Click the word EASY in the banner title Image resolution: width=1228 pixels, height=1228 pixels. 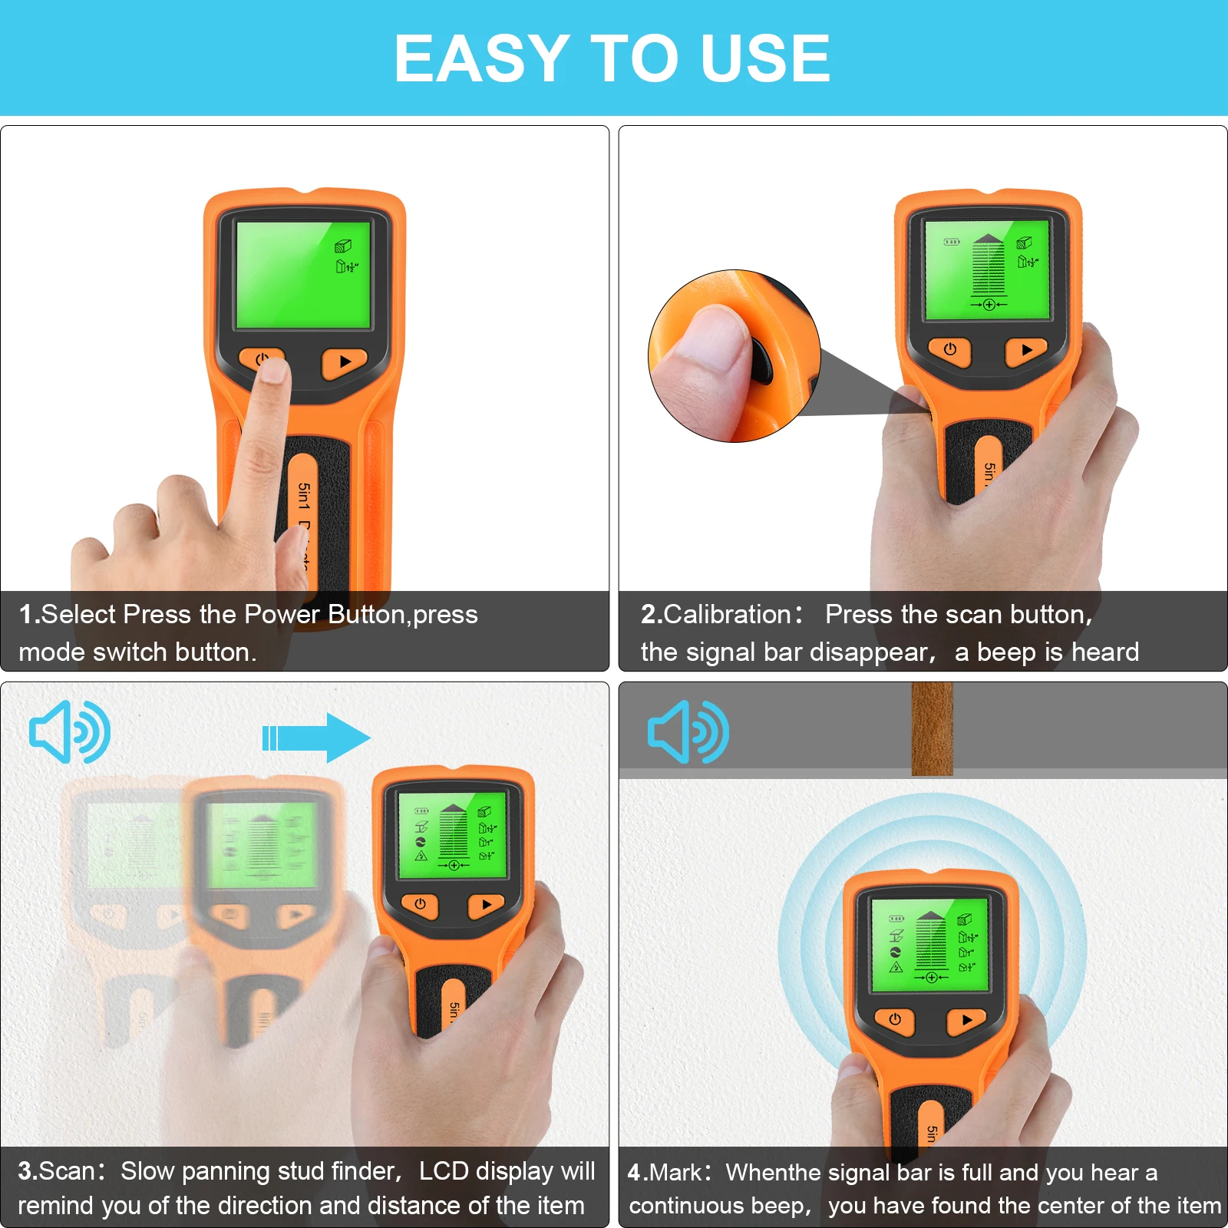pos(481,58)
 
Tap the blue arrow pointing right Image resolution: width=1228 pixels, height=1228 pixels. pos(316,738)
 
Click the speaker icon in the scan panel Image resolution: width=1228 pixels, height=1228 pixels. pos(70,731)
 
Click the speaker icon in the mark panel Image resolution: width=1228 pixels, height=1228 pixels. pos(688,731)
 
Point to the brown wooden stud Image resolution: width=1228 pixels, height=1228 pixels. pos(932,729)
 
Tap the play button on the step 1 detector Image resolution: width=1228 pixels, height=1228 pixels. pos(345,362)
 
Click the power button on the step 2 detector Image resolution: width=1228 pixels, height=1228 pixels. pos(950,350)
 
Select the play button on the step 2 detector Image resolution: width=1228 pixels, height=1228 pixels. pos(1027,351)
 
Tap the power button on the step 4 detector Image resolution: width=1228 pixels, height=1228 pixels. pos(895,1020)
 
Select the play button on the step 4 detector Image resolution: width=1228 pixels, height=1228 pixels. pos(967,1021)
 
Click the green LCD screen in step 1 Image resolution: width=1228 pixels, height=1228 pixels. pos(303,275)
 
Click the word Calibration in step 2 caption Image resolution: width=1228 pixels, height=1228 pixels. pos(727,615)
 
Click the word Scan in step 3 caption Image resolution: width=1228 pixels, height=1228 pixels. pos(67,1171)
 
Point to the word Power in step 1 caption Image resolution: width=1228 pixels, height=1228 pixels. pos(282,615)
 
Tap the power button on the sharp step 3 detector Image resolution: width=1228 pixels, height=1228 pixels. pos(420,905)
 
